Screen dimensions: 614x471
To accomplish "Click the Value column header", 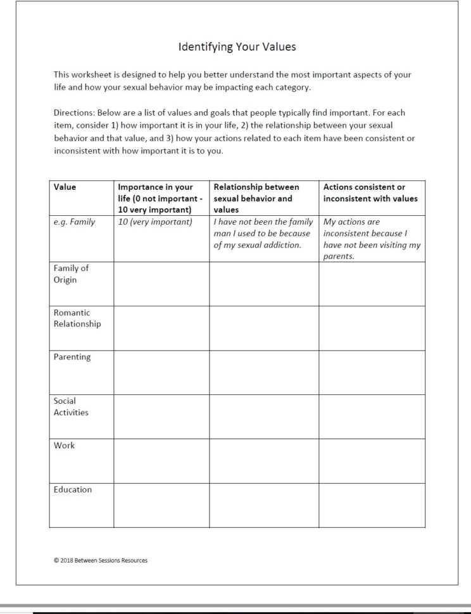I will click(65, 187).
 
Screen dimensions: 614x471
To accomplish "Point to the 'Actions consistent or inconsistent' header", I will click(370, 192).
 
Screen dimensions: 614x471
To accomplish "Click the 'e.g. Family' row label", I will click(74, 222).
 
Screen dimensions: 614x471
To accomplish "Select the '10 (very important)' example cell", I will click(155, 222).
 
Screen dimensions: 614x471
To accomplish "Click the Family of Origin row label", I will click(71, 274).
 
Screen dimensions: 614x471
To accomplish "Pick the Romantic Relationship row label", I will click(77, 318).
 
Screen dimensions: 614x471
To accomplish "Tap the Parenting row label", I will click(72, 357).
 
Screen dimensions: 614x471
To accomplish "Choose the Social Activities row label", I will click(71, 406).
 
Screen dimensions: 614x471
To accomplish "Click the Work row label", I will click(64, 446).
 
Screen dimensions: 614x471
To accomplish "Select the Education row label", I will click(72, 489).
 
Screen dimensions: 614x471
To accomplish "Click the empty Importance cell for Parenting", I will click(161, 372).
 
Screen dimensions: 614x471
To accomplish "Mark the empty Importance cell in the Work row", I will click(161, 460).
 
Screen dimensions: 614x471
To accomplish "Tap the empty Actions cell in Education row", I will click(372, 504).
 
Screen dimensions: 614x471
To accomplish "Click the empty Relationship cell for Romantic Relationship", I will click(264, 328).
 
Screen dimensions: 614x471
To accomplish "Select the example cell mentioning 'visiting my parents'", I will click(372, 239).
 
